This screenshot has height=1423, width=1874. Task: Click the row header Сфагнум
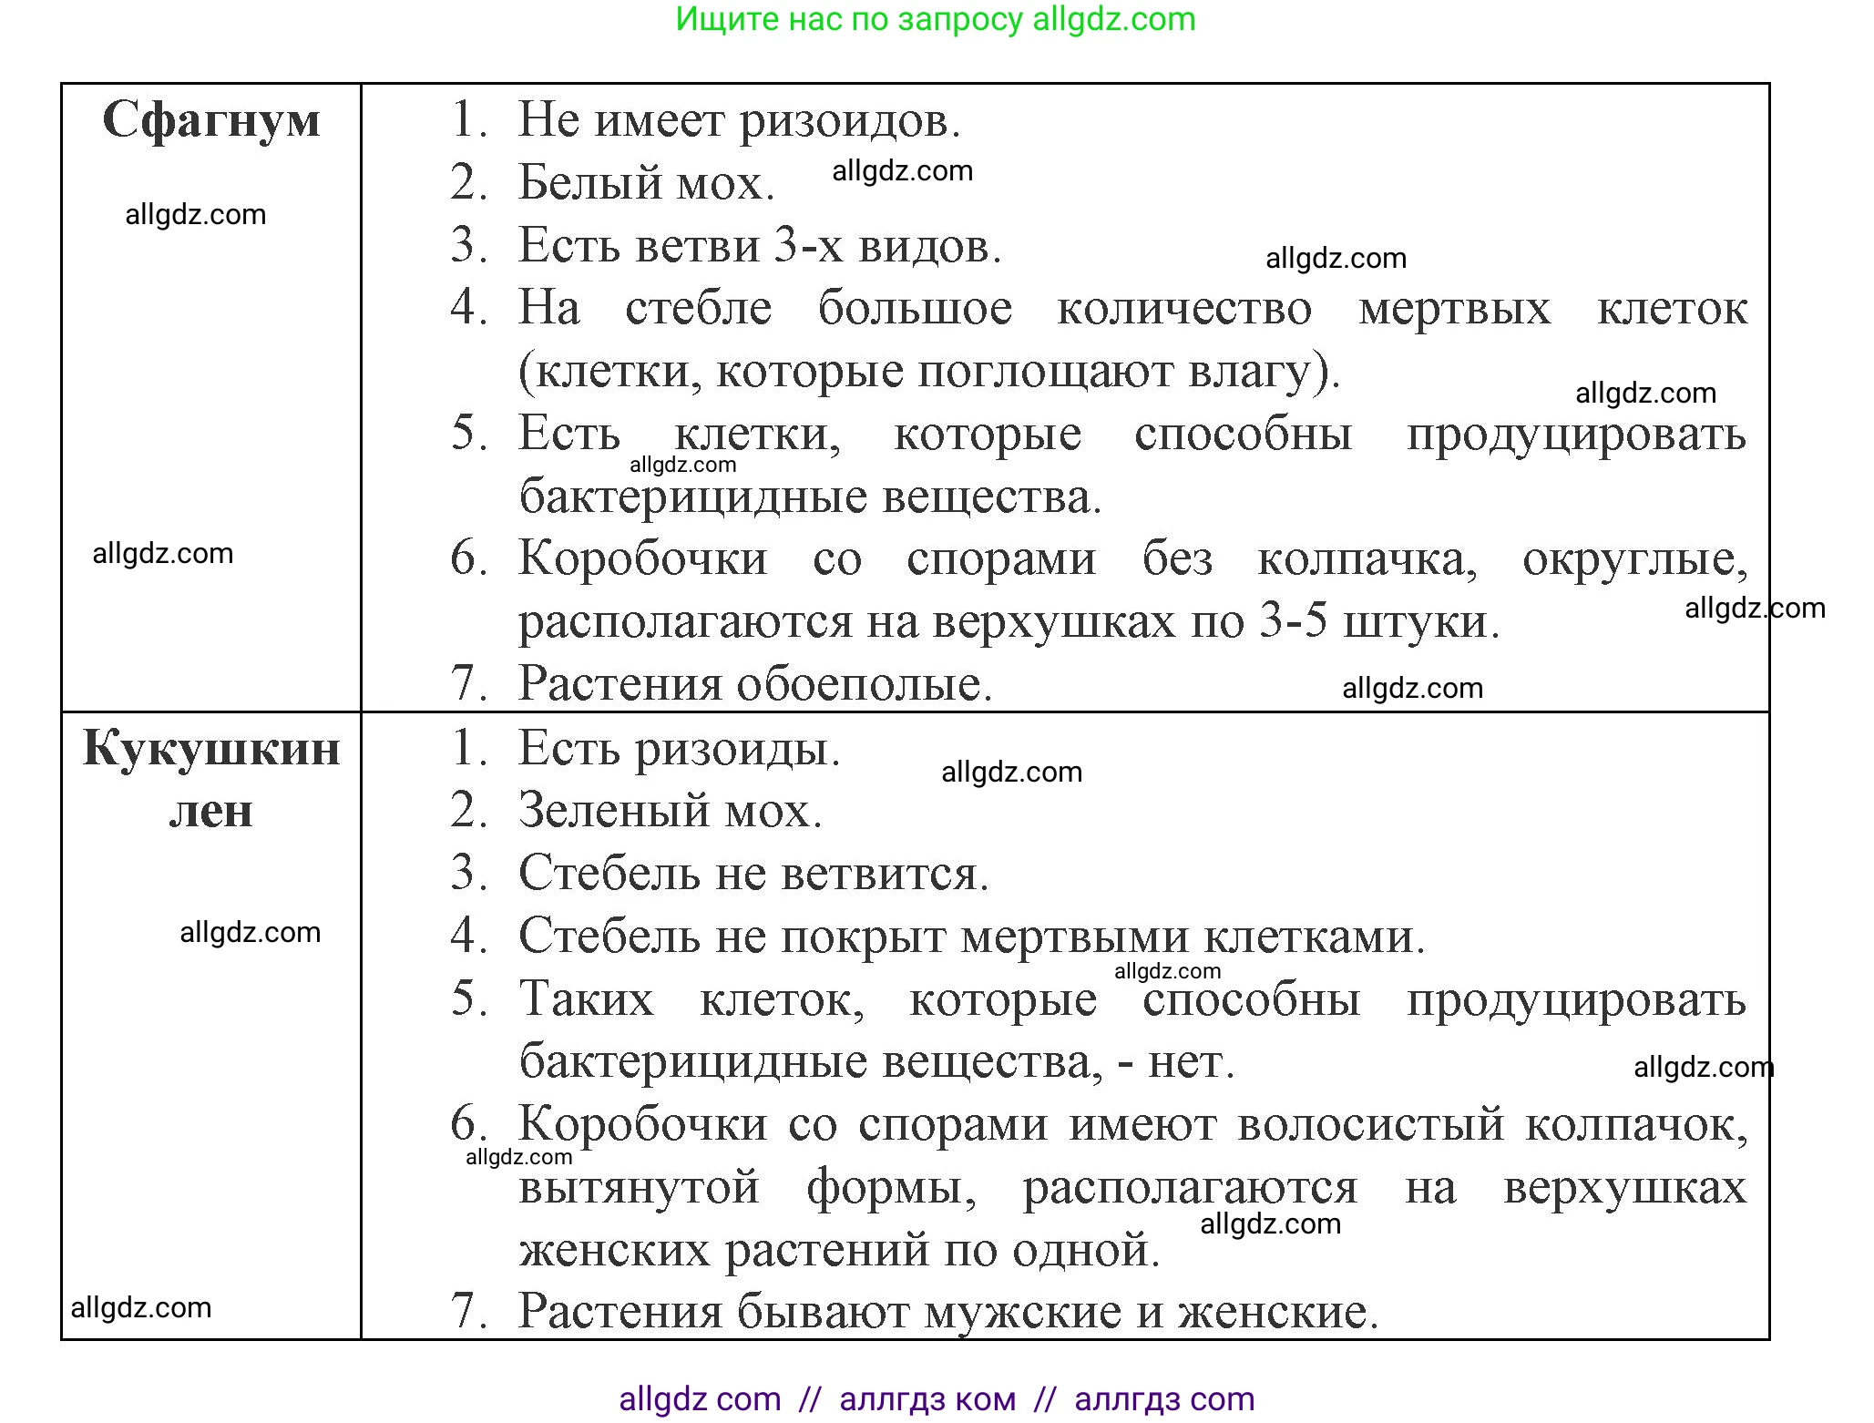[x=211, y=119]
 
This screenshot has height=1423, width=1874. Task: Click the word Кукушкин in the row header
[x=211, y=749]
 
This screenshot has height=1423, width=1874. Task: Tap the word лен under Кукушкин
[x=211, y=811]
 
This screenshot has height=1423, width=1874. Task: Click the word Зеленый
[x=601, y=810]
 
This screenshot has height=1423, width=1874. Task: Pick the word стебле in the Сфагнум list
[x=698, y=308]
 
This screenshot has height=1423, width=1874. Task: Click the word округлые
[x=1634, y=558]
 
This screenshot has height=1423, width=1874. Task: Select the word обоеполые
[x=864, y=683]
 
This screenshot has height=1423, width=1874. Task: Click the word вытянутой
[x=639, y=1187]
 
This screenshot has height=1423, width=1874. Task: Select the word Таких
[x=586, y=998]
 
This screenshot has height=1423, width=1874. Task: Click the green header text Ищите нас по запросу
[x=848, y=19]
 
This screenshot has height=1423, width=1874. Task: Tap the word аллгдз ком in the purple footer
[x=927, y=1398]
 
